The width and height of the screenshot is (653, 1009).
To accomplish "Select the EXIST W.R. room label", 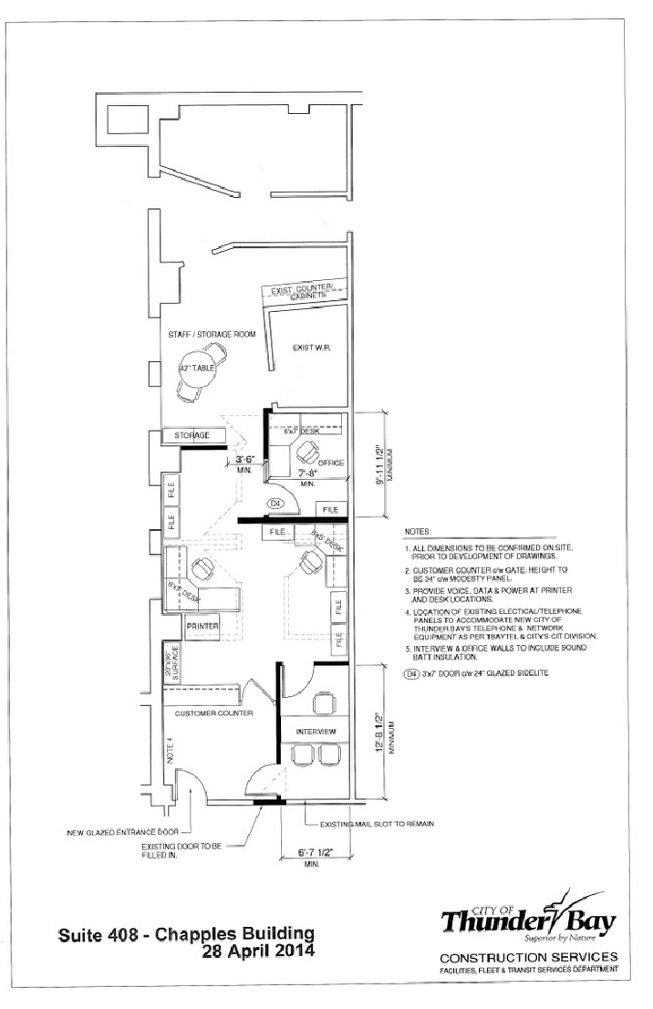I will (310, 348).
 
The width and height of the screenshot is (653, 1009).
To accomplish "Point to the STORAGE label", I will (192, 436).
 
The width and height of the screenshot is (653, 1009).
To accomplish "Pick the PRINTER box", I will (202, 627).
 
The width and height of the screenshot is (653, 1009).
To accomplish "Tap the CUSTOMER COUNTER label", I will (214, 687).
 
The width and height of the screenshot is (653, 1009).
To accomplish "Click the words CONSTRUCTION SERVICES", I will (529, 957).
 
